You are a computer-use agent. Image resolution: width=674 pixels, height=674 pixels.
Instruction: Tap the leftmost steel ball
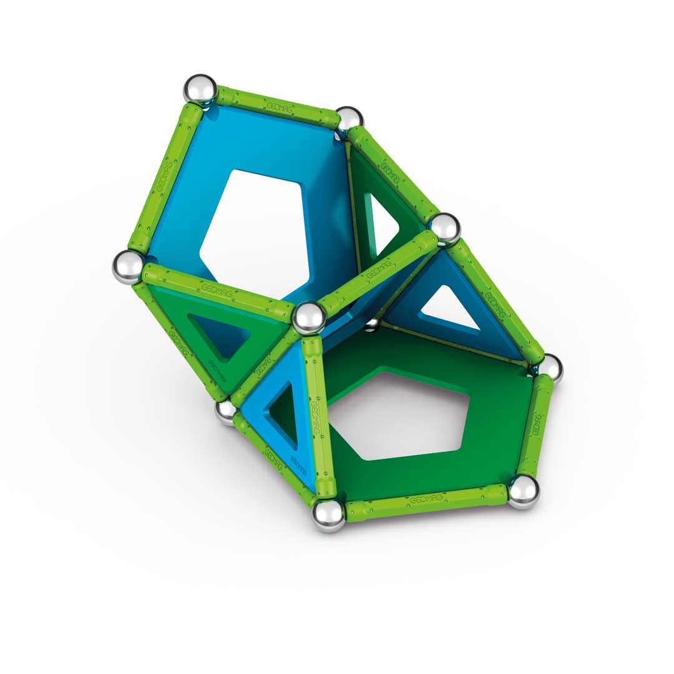[x=128, y=266]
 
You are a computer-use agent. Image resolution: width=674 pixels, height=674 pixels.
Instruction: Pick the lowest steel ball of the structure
[x=328, y=514]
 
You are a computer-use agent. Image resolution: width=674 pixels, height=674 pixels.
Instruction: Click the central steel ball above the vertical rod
[x=310, y=318]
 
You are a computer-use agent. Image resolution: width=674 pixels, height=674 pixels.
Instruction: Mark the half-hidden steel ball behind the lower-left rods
[x=225, y=410]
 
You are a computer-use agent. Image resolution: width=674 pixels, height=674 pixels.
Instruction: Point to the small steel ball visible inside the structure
[x=373, y=324]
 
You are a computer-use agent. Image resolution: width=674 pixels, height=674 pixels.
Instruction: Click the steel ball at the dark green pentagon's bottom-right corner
[x=523, y=492]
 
